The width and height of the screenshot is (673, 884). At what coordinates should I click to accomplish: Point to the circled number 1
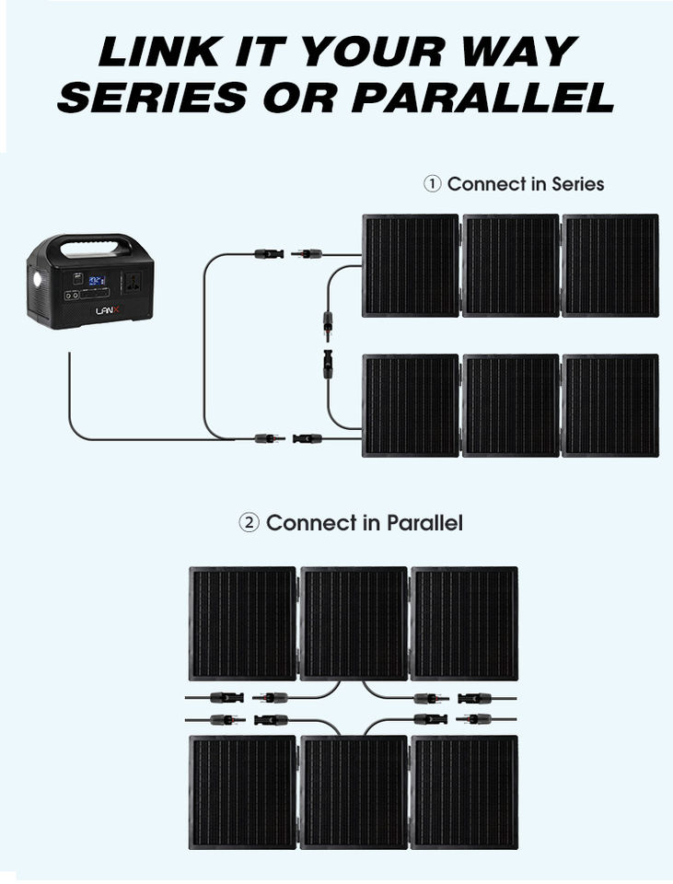click(432, 184)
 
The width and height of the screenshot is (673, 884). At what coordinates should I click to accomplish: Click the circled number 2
click(249, 523)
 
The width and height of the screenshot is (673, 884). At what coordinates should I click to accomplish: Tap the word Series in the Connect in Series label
click(577, 184)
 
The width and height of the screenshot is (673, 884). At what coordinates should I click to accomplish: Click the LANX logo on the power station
click(108, 310)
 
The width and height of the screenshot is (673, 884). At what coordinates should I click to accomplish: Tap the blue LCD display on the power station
click(96, 279)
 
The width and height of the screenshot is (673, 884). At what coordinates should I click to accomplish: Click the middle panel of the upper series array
click(511, 265)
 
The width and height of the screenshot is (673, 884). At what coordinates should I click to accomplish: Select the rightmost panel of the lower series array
click(610, 405)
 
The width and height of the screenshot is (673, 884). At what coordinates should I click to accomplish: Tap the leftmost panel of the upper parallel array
click(243, 623)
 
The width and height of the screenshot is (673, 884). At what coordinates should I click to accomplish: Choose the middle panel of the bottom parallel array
click(354, 791)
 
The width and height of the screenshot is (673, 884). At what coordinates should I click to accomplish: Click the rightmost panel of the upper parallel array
click(464, 623)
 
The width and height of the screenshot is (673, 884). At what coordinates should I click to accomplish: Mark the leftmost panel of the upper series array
click(411, 265)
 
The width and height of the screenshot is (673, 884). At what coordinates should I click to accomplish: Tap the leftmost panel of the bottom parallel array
click(243, 791)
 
